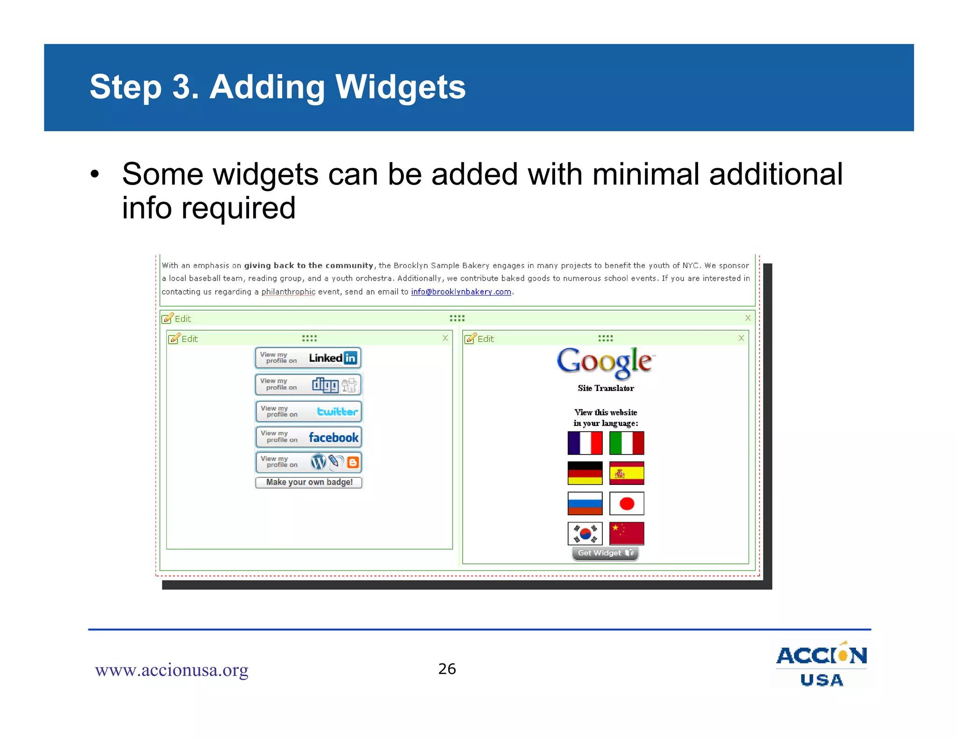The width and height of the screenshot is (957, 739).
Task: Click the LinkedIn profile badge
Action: pos(308,358)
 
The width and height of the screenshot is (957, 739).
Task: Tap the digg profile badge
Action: pos(308,384)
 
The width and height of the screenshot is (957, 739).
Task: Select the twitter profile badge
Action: pos(308,412)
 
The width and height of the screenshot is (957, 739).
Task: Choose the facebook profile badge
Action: pos(308,437)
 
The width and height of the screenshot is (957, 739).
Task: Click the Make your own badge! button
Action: pos(309,482)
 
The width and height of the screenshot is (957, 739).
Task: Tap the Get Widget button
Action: pos(605,553)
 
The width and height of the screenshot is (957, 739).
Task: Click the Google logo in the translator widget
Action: pos(606,362)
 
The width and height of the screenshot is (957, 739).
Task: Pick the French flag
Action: pos(585,443)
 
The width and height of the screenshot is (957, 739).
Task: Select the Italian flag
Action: pos(627,443)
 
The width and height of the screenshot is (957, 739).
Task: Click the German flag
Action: pos(585,473)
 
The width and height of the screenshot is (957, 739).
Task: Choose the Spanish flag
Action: pos(627,473)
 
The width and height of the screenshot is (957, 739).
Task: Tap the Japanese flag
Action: pos(627,504)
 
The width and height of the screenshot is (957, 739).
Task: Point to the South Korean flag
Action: pos(585,533)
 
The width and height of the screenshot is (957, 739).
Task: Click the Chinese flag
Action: pos(627,533)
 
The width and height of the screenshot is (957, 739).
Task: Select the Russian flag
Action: pos(585,504)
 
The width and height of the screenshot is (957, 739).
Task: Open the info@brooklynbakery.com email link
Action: pos(461,292)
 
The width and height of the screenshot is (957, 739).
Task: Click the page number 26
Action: pos(447,669)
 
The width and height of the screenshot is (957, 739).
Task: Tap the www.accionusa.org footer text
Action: pos(171,670)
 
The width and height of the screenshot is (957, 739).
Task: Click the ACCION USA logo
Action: pos(821,665)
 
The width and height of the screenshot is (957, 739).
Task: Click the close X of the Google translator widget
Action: pos(741,338)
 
